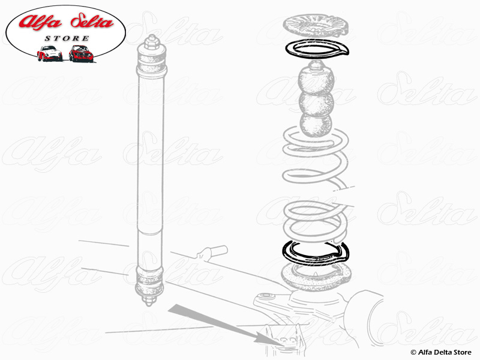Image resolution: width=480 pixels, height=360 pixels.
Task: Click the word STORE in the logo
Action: pyautogui.click(x=67, y=38)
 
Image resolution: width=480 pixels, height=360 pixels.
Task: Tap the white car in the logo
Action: pyautogui.click(x=50, y=53)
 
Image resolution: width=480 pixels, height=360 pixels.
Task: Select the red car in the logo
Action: pyautogui.click(x=81, y=53)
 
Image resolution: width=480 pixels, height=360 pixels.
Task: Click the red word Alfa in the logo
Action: pyautogui.click(x=40, y=22)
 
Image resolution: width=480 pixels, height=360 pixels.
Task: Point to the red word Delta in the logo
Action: pyautogui.click(x=92, y=22)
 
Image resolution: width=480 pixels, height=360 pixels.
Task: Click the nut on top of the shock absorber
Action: pyautogui.click(x=151, y=42)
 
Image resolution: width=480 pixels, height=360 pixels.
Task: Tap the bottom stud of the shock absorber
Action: pyautogui.click(x=149, y=301)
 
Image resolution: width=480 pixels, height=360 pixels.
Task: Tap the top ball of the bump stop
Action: pyautogui.click(x=316, y=80)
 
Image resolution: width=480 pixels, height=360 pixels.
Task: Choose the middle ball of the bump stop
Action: pyautogui.click(x=317, y=104)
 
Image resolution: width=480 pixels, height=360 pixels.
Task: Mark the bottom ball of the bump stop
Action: pyautogui.click(x=316, y=125)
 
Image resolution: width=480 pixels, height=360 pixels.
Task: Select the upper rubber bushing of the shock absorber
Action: pyautogui.click(x=152, y=64)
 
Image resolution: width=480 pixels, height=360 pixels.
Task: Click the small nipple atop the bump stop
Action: pyautogui.click(x=316, y=65)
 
